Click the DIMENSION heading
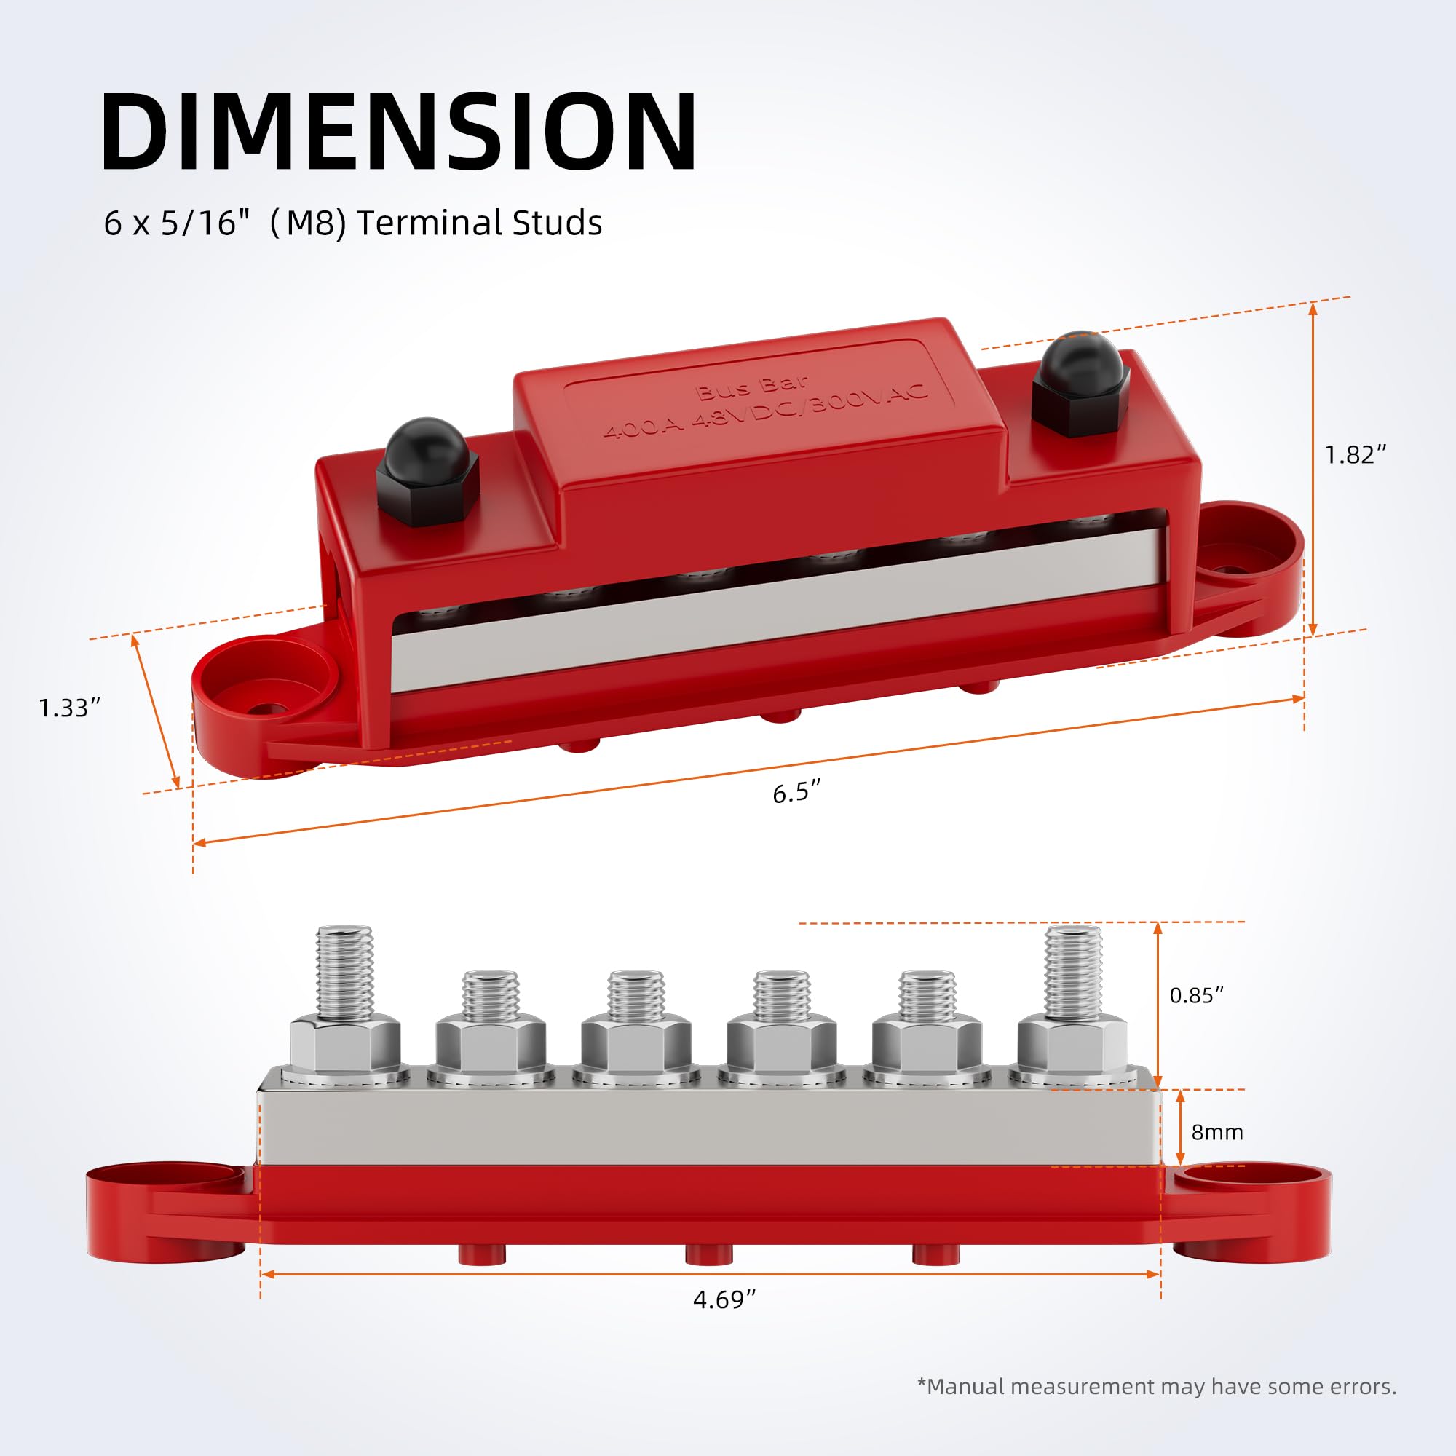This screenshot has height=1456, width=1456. (399, 132)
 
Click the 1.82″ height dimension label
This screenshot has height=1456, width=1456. (1355, 454)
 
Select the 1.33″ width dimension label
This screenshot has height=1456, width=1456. (69, 708)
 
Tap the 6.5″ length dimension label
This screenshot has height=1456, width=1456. (796, 793)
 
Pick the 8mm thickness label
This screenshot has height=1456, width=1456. (1216, 1132)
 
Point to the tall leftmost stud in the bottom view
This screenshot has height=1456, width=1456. (344, 972)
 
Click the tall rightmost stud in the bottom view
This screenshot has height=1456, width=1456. (1072, 972)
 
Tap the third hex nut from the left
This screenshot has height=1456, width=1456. (636, 1044)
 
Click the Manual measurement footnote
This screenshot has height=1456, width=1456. (1157, 1386)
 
